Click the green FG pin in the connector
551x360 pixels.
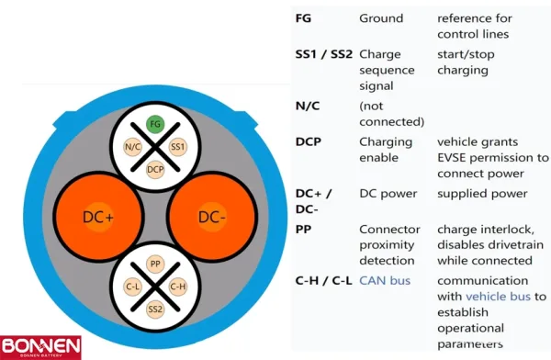[x=155, y=122]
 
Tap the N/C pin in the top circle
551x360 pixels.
[x=131, y=147]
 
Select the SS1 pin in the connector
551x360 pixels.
[x=179, y=147]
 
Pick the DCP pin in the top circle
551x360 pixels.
[x=155, y=170]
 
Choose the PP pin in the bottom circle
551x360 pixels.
[x=154, y=264]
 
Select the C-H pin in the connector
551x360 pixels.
[x=179, y=287]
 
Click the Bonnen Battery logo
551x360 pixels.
[x=41, y=345]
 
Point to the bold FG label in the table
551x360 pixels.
[x=303, y=19]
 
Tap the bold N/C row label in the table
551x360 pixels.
[x=307, y=105]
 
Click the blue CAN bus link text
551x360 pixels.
[x=385, y=280]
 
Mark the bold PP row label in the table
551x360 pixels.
[x=303, y=229]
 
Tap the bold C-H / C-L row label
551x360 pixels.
[x=322, y=280]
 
